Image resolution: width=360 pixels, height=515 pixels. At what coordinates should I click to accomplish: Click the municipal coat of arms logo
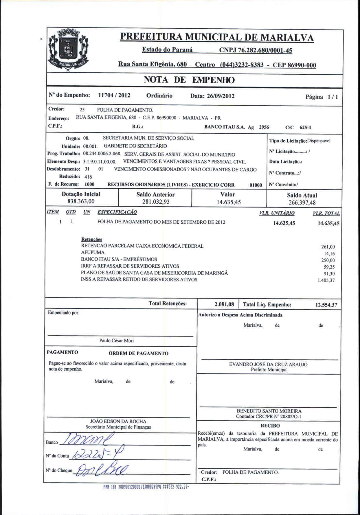(68, 50)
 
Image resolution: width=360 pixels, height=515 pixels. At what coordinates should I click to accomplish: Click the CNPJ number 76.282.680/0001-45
(256, 50)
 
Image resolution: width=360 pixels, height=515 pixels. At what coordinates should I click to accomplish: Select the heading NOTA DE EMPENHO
(189, 80)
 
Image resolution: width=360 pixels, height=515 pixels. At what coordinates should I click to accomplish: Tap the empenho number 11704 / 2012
(114, 95)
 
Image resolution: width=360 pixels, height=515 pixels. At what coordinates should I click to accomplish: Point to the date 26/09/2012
(221, 96)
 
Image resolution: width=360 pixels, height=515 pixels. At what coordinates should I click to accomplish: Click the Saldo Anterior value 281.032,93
(156, 202)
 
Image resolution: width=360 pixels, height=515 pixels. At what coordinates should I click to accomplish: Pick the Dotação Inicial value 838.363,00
(81, 201)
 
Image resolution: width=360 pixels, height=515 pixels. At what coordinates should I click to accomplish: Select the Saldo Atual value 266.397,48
(302, 203)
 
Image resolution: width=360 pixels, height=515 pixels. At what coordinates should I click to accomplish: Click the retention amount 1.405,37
(326, 280)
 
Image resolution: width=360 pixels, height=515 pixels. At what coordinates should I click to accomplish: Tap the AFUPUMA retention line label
(93, 252)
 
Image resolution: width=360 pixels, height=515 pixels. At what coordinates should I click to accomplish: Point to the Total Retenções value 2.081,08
(224, 304)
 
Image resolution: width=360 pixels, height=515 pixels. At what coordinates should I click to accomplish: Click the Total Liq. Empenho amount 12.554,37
(326, 305)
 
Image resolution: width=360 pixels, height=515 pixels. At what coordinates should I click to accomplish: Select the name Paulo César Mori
(116, 341)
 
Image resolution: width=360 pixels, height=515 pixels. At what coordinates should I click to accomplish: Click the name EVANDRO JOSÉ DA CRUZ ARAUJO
(268, 364)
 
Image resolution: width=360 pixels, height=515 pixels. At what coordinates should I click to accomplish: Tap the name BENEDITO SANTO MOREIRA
(269, 411)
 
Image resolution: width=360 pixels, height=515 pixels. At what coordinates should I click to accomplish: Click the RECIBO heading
(270, 426)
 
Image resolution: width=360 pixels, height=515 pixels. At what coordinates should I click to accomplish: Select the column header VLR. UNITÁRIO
(277, 213)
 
